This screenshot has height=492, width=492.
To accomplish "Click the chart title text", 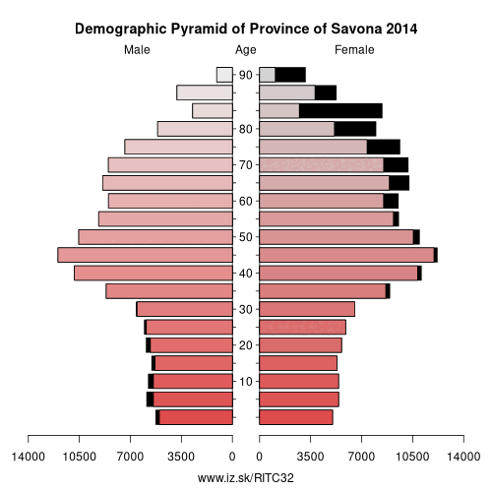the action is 246,29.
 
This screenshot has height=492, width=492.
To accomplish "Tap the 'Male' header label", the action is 137,50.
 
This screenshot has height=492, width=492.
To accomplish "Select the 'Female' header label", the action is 354,50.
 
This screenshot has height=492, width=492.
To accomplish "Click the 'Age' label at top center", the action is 246,50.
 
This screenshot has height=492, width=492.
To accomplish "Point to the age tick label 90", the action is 246,75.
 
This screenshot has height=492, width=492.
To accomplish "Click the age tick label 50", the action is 246,237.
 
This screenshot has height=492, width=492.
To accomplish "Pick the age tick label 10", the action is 246,381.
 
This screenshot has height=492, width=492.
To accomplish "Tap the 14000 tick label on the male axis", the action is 29,457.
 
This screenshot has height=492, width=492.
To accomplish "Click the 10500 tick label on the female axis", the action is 412,457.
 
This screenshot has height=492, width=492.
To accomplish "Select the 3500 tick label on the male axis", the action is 181,457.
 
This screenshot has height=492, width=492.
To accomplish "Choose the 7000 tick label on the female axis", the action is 361,457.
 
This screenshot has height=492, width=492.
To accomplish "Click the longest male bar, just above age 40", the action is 145,255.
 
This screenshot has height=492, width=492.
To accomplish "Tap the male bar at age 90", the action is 224,75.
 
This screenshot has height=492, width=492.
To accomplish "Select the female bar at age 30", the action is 307,309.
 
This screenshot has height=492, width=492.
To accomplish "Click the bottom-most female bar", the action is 296,417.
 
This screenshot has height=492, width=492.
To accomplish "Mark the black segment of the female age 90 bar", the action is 290,75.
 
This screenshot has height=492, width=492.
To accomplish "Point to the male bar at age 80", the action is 195,129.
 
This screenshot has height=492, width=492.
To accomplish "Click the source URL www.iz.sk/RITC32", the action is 246,478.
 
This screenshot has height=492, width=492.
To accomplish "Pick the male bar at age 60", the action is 170,201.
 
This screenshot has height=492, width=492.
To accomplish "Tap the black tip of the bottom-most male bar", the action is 157,417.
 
